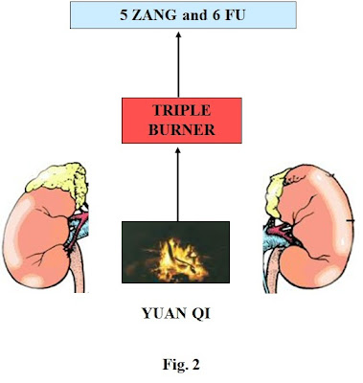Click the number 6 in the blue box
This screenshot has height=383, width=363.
coord(216,14)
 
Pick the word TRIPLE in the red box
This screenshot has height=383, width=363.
coord(176,108)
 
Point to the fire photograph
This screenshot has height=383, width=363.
coord(176,254)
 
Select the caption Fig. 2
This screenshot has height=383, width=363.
coord(177,365)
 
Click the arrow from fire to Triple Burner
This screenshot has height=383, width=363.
coord(177,182)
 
